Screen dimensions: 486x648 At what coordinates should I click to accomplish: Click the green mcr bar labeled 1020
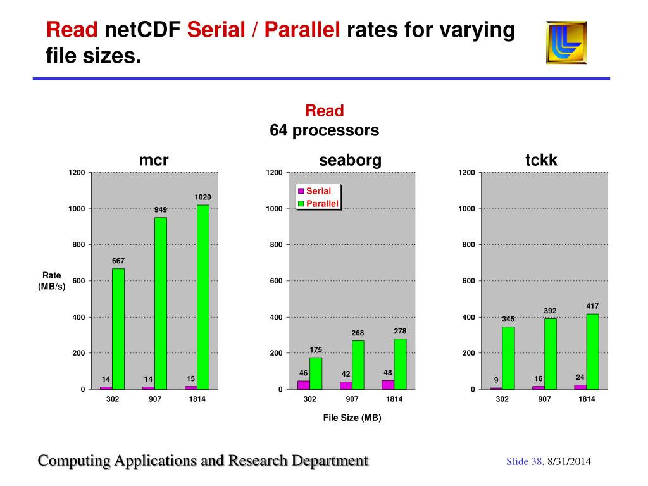pyautogui.click(x=202, y=296)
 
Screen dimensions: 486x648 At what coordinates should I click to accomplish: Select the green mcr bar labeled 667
pyautogui.click(x=118, y=328)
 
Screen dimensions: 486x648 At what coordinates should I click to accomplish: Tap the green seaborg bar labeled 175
pyautogui.click(x=316, y=373)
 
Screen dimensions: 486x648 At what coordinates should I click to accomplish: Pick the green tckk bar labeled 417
pyautogui.click(x=592, y=351)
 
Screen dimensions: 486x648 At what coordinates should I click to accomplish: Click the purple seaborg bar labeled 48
pyautogui.click(x=387, y=384)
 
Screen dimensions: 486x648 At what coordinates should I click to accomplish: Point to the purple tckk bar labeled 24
pyautogui.click(x=580, y=386)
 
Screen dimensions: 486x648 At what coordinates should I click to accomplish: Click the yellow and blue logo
pyautogui.click(x=566, y=42)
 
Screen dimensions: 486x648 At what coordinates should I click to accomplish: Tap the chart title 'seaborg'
pyautogui.click(x=350, y=161)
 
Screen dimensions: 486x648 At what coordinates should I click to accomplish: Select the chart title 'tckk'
pyautogui.click(x=541, y=161)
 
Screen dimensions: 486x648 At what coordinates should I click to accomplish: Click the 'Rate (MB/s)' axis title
pyautogui.click(x=52, y=280)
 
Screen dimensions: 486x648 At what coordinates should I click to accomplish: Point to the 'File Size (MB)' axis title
pyautogui.click(x=352, y=418)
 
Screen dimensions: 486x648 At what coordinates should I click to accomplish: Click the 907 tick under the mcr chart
pyautogui.click(x=154, y=399)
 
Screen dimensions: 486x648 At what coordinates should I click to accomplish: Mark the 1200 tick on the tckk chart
pyautogui.click(x=466, y=173)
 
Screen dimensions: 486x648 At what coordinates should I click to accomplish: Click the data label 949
pyautogui.click(x=161, y=210)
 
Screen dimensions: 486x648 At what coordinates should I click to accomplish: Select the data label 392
pyautogui.click(x=550, y=311)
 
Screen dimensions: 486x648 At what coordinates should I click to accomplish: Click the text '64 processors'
pyautogui.click(x=324, y=131)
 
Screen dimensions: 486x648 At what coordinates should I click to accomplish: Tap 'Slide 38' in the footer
pyautogui.click(x=524, y=462)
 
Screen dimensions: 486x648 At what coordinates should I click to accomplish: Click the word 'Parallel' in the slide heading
pyautogui.click(x=302, y=30)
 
